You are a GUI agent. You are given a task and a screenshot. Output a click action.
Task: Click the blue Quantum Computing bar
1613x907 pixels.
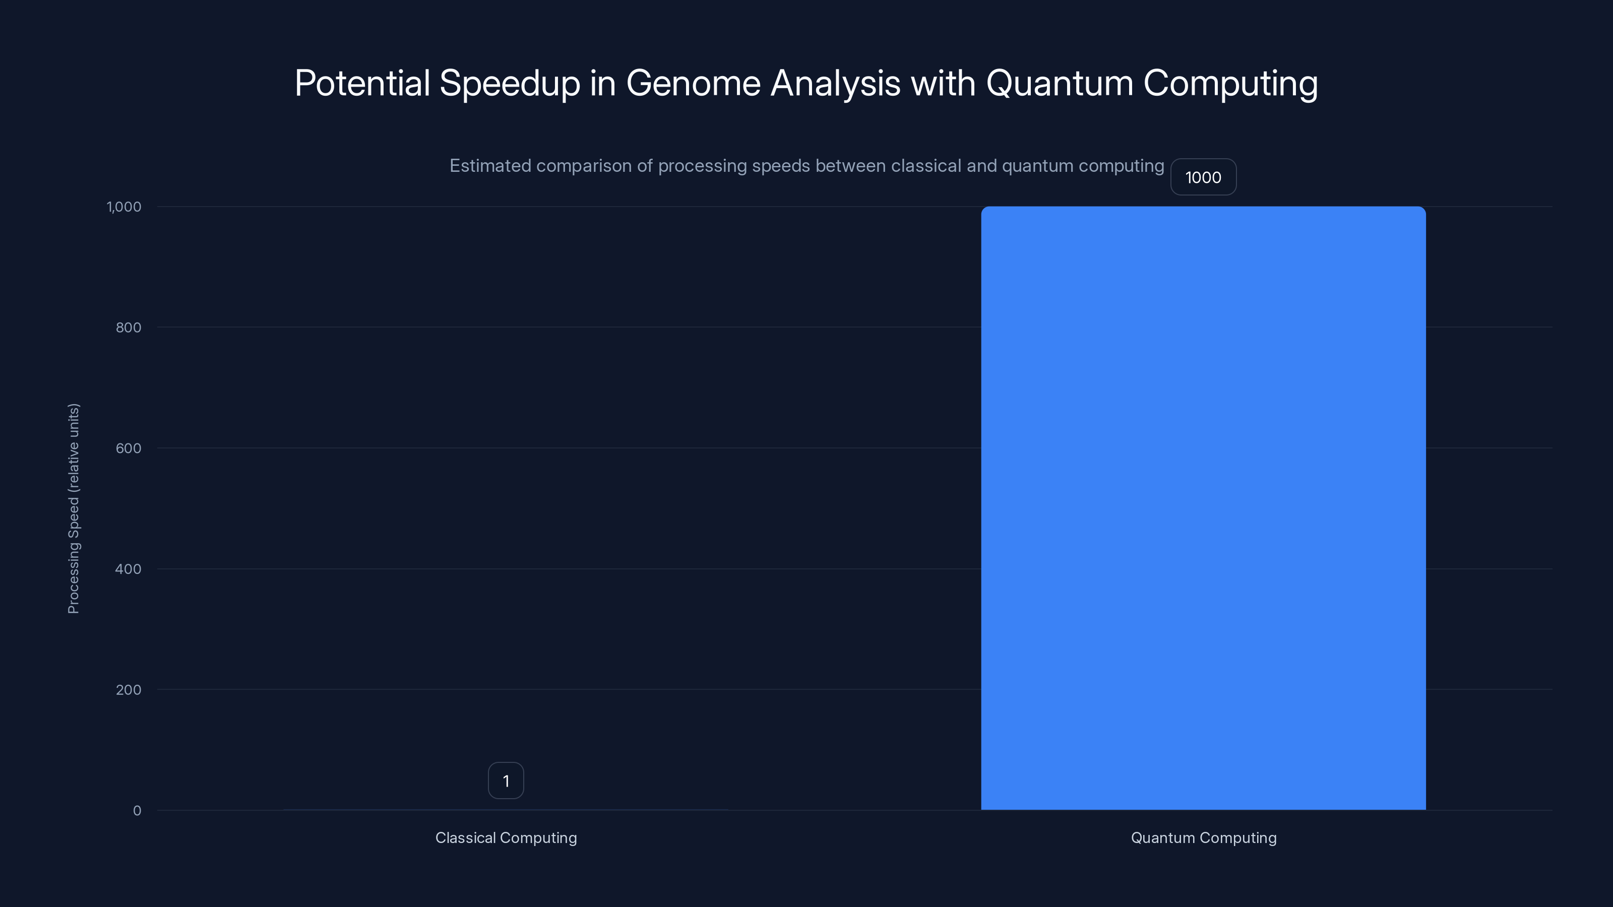click(x=1203, y=507)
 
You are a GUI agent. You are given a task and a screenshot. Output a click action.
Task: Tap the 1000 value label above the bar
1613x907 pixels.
click(x=1203, y=177)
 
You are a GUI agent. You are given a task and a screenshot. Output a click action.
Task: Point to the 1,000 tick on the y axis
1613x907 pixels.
click(x=124, y=207)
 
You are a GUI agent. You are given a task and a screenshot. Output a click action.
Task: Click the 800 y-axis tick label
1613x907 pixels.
click(x=129, y=328)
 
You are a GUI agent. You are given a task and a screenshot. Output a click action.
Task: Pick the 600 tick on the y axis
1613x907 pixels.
click(x=129, y=448)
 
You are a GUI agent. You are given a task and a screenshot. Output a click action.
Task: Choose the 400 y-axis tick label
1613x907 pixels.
click(x=129, y=569)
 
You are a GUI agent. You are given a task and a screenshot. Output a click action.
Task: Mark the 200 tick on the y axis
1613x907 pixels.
click(x=129, y=690)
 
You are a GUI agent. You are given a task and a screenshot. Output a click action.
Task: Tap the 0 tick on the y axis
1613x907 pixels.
click(x=137, y=811)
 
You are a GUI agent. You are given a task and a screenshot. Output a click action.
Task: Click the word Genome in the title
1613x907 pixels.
click(x=693, y=83)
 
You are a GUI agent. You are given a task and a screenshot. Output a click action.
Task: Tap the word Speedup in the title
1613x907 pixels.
click(x=510, y=84)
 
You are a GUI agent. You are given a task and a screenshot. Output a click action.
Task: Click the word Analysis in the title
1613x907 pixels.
click(x=835, y=84)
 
